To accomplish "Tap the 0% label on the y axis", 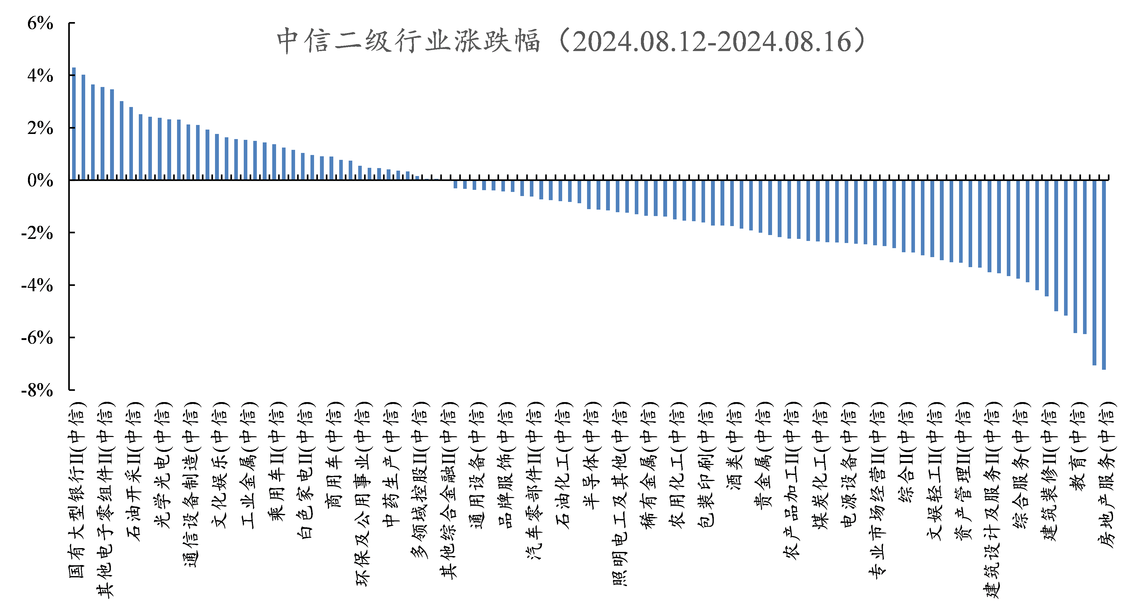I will (40, 180).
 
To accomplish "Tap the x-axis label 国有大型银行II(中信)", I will (77, 490).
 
